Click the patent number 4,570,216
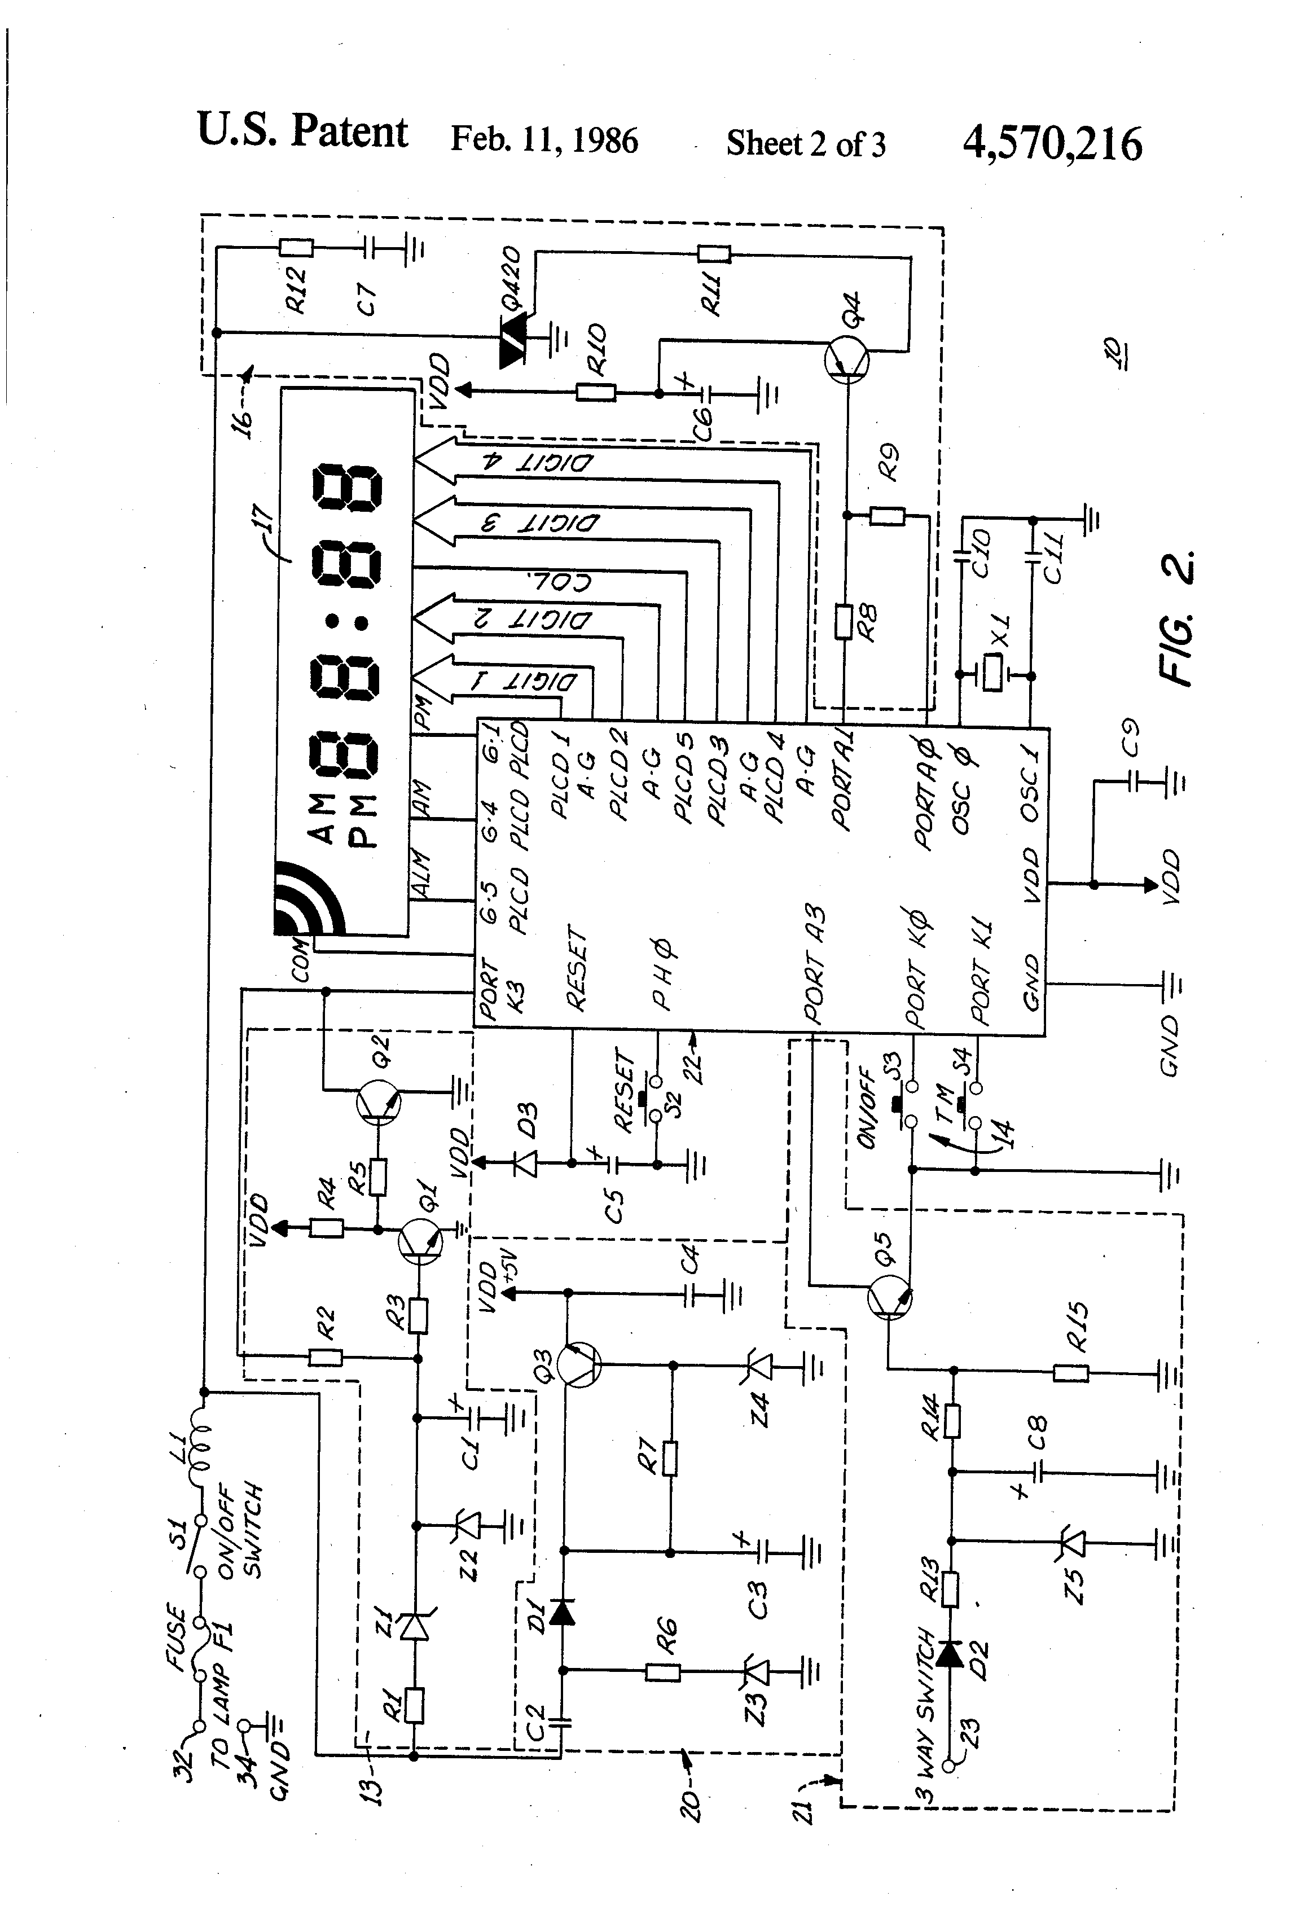[x=1052, y=143]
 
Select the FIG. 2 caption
[x=1176, y=616]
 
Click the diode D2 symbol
[x=951, y=1653]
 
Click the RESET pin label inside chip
[x=577, y=968]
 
